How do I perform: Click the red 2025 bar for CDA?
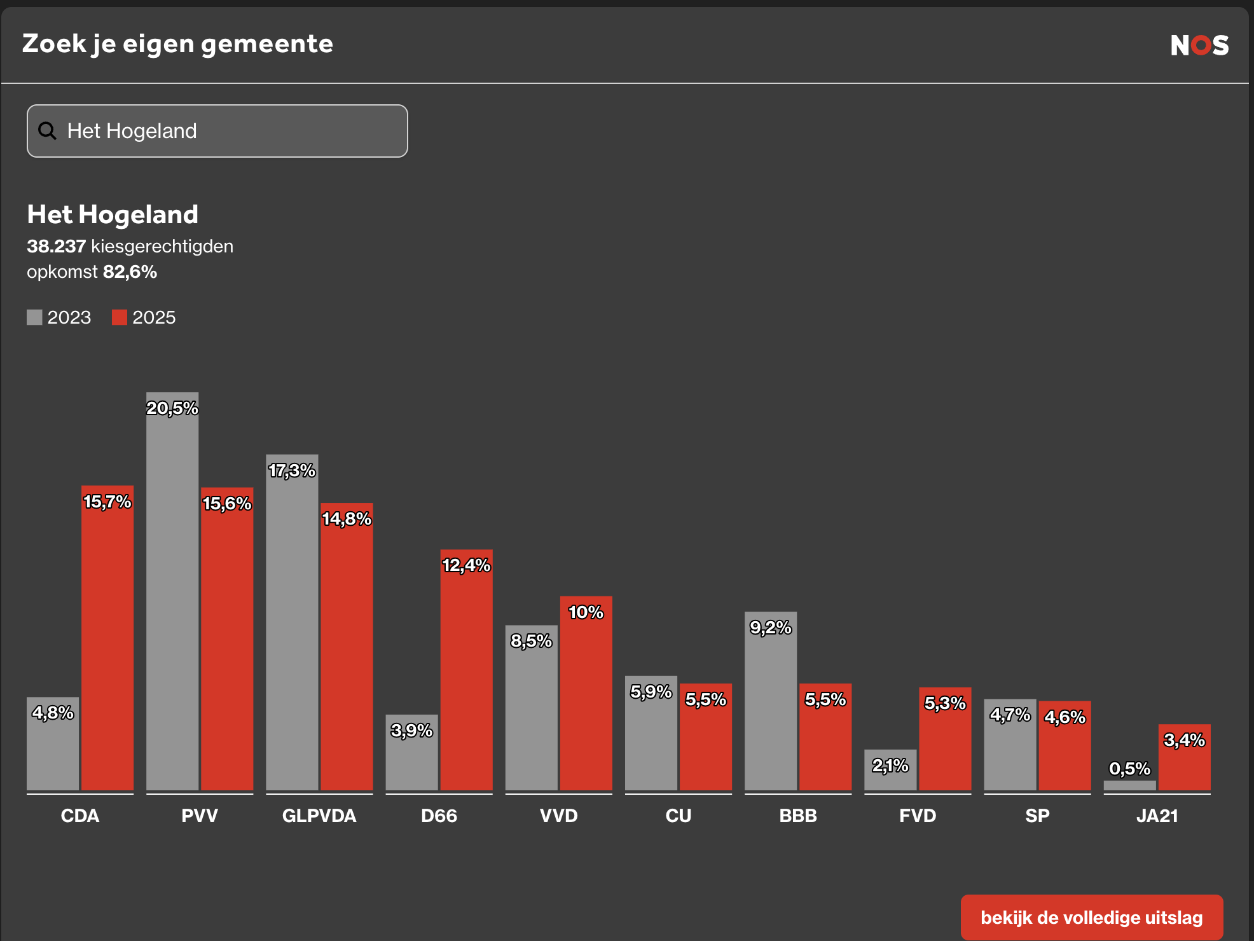(x=107, y=642)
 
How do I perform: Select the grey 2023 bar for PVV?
(x=172, y=598)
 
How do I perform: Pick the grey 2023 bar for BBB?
(x=771, y=706)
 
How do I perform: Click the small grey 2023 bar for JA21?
(x=1129, y=785)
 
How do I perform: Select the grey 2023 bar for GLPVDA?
(x=292, y=629)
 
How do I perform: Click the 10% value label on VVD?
(x=586, y=612)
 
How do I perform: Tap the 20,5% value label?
(x=172, y=408)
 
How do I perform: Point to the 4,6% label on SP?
(x=1065, y=717)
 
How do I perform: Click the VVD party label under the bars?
(x=558, y=816)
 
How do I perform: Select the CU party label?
(x=678, y=816)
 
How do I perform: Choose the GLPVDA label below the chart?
(x=319, y=816)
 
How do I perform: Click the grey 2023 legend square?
(x=34, y=317)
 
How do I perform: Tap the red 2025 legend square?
(x=120, y=317)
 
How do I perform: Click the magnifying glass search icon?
(x=47, y=131)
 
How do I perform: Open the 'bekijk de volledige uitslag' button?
(x=1091, y=917)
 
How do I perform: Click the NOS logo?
(x=1199, y=45)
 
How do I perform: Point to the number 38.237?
(x=56, y=246)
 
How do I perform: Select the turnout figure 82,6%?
(x=130, y=271)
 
